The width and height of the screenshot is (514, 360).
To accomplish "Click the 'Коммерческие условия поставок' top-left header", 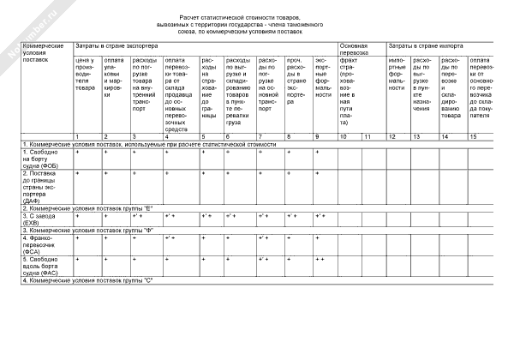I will click(x=45, y=52).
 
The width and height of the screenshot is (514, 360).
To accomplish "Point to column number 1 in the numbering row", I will click(x=78, y=136).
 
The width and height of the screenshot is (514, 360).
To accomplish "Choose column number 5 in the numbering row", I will click(x=203, y=136).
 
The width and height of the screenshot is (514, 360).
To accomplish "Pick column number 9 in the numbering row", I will click(x=317, y=136).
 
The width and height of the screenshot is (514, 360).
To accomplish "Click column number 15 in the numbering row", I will click(x=473, y=136).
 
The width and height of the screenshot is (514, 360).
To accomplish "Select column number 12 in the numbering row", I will click(x=392, y=136).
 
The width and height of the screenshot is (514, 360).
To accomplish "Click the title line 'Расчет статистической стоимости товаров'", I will click(x=248, y=17).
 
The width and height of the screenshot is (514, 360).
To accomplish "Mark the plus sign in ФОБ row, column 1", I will click(x=78, y=152).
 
